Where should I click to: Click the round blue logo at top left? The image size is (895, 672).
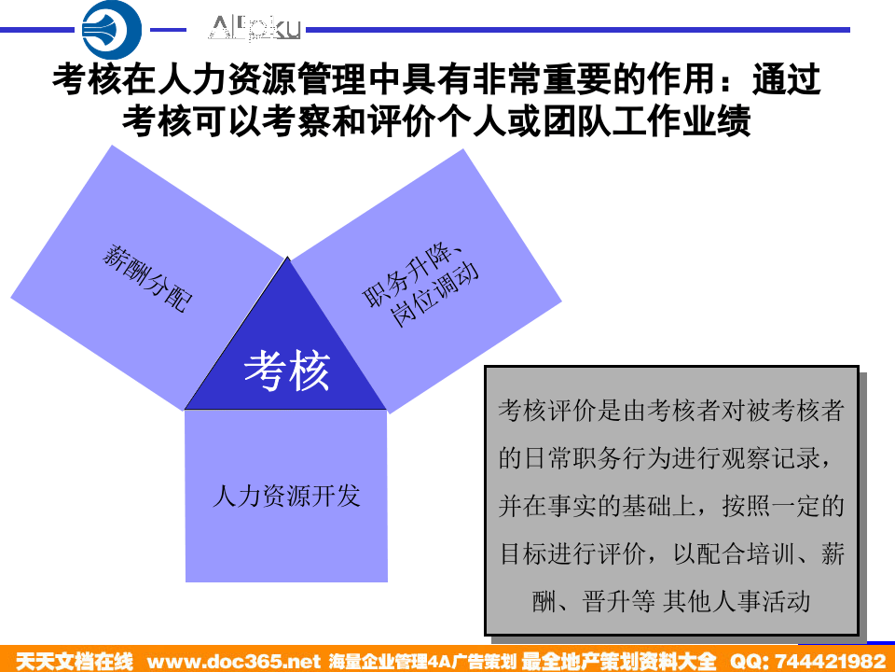112,30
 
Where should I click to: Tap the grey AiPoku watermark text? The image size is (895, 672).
255,29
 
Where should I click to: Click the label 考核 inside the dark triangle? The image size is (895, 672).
286,371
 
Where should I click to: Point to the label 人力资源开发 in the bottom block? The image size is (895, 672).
286,496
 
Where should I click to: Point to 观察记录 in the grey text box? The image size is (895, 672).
754,459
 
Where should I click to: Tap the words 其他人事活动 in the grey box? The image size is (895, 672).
736,601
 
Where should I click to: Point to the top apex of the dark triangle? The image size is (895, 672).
286,259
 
